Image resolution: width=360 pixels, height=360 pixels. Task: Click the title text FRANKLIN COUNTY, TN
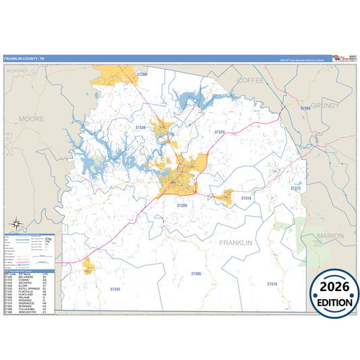(24, 59)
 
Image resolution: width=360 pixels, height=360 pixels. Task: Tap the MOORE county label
(32, 118)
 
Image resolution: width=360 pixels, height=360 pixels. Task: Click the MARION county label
(330, 236)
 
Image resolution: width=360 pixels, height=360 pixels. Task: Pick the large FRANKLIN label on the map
(235, 242)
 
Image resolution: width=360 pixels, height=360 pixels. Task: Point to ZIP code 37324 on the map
(220, 132)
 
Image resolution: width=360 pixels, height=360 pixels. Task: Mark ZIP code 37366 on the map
(305, 108)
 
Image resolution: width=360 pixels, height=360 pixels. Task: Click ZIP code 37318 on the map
(246, 198)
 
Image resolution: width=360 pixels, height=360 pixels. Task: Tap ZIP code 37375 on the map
(296, 188)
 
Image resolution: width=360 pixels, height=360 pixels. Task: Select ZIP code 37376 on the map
(272, 284)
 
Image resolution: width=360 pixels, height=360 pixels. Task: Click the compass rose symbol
(14, 224)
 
